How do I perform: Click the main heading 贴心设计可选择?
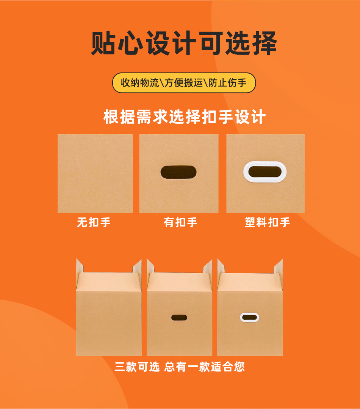tap(184, 44)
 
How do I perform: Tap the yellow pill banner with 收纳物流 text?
tap(184, 83)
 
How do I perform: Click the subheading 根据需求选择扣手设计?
tap(185, 117)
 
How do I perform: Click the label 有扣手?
tap(180, 222)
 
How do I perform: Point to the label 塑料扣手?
tap(267, 222)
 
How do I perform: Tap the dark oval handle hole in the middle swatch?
tap(178, 172)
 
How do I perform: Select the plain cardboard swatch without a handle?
tap(95, 173)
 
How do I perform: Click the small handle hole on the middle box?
tap(179, 317)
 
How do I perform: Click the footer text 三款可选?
tap(137, 367)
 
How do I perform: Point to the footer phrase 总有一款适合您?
tap(205, 367)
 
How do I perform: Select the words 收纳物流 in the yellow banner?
tap(140, 83)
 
